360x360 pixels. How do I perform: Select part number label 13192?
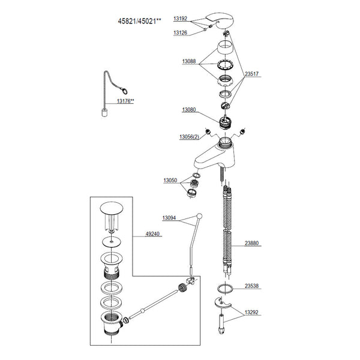(x=182, y=19)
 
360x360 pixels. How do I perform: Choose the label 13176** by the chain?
(x=125, y=101)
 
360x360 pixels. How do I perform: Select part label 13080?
(x=190, y=110)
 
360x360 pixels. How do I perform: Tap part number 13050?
(x=170, y=180)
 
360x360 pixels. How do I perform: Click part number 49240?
(x=152, y=235)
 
